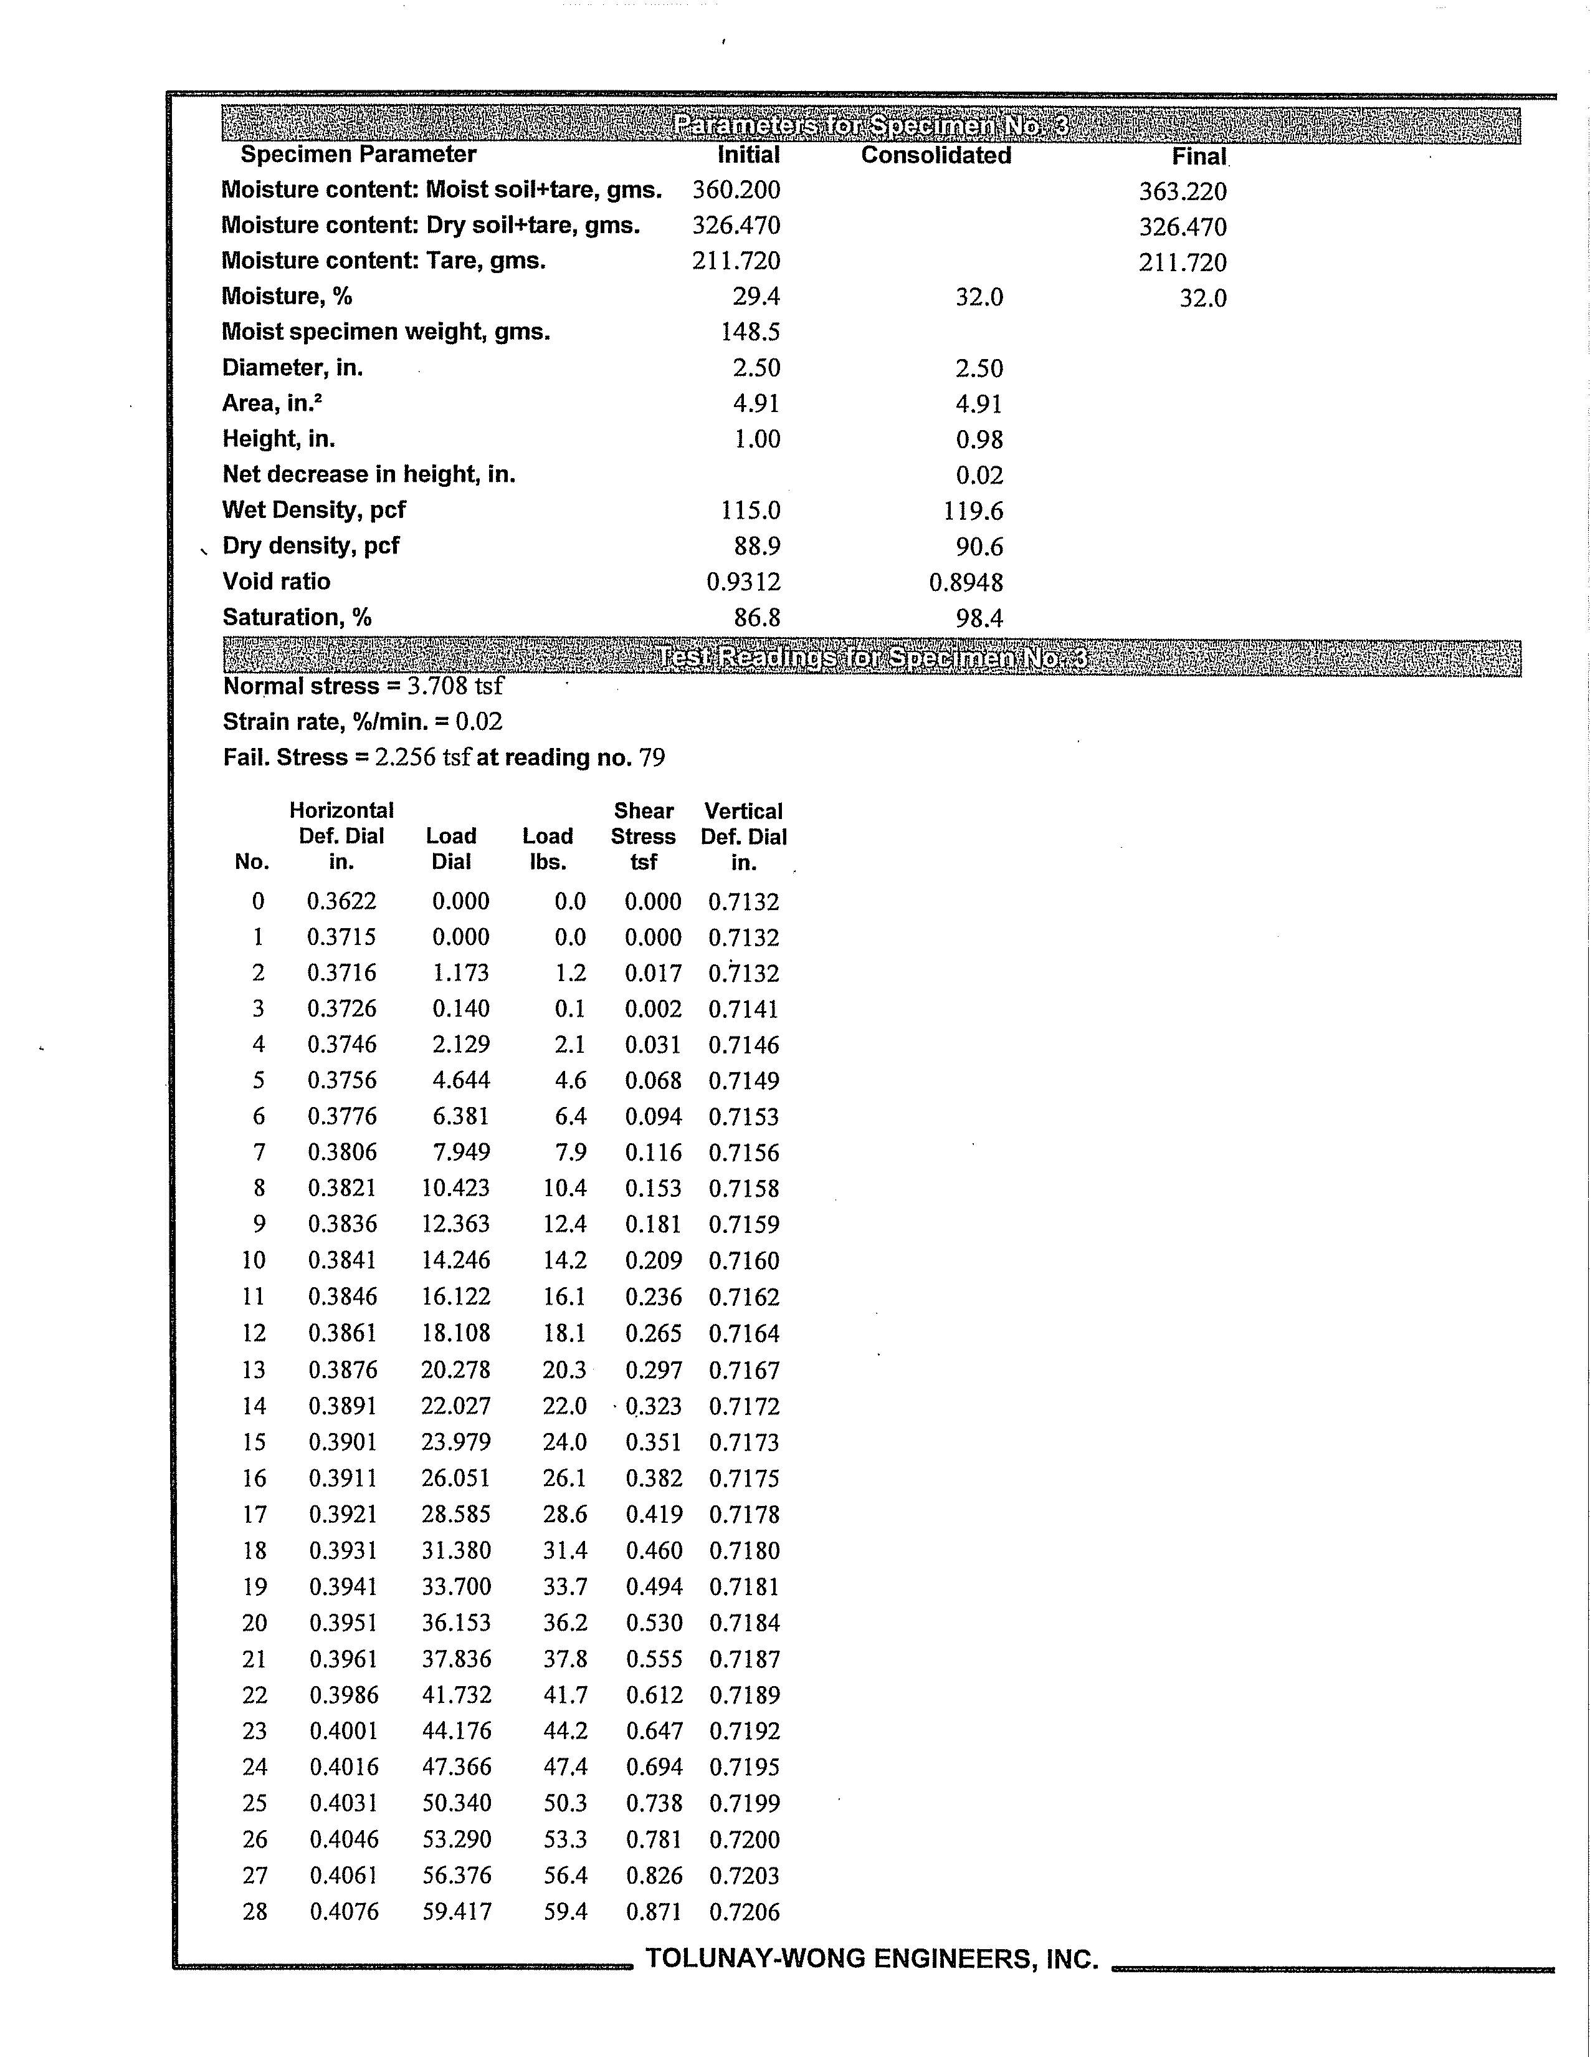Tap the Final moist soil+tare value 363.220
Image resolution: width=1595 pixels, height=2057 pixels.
point(1182,192)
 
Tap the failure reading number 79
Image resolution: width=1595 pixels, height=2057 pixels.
point(652,758)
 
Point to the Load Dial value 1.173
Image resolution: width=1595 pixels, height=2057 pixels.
point(460,973)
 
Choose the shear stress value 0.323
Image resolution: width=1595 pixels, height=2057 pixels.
point(654,1406)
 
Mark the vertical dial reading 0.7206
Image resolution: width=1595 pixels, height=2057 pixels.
point(744,1912)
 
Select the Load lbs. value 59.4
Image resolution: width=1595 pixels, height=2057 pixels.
point(565,1912)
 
